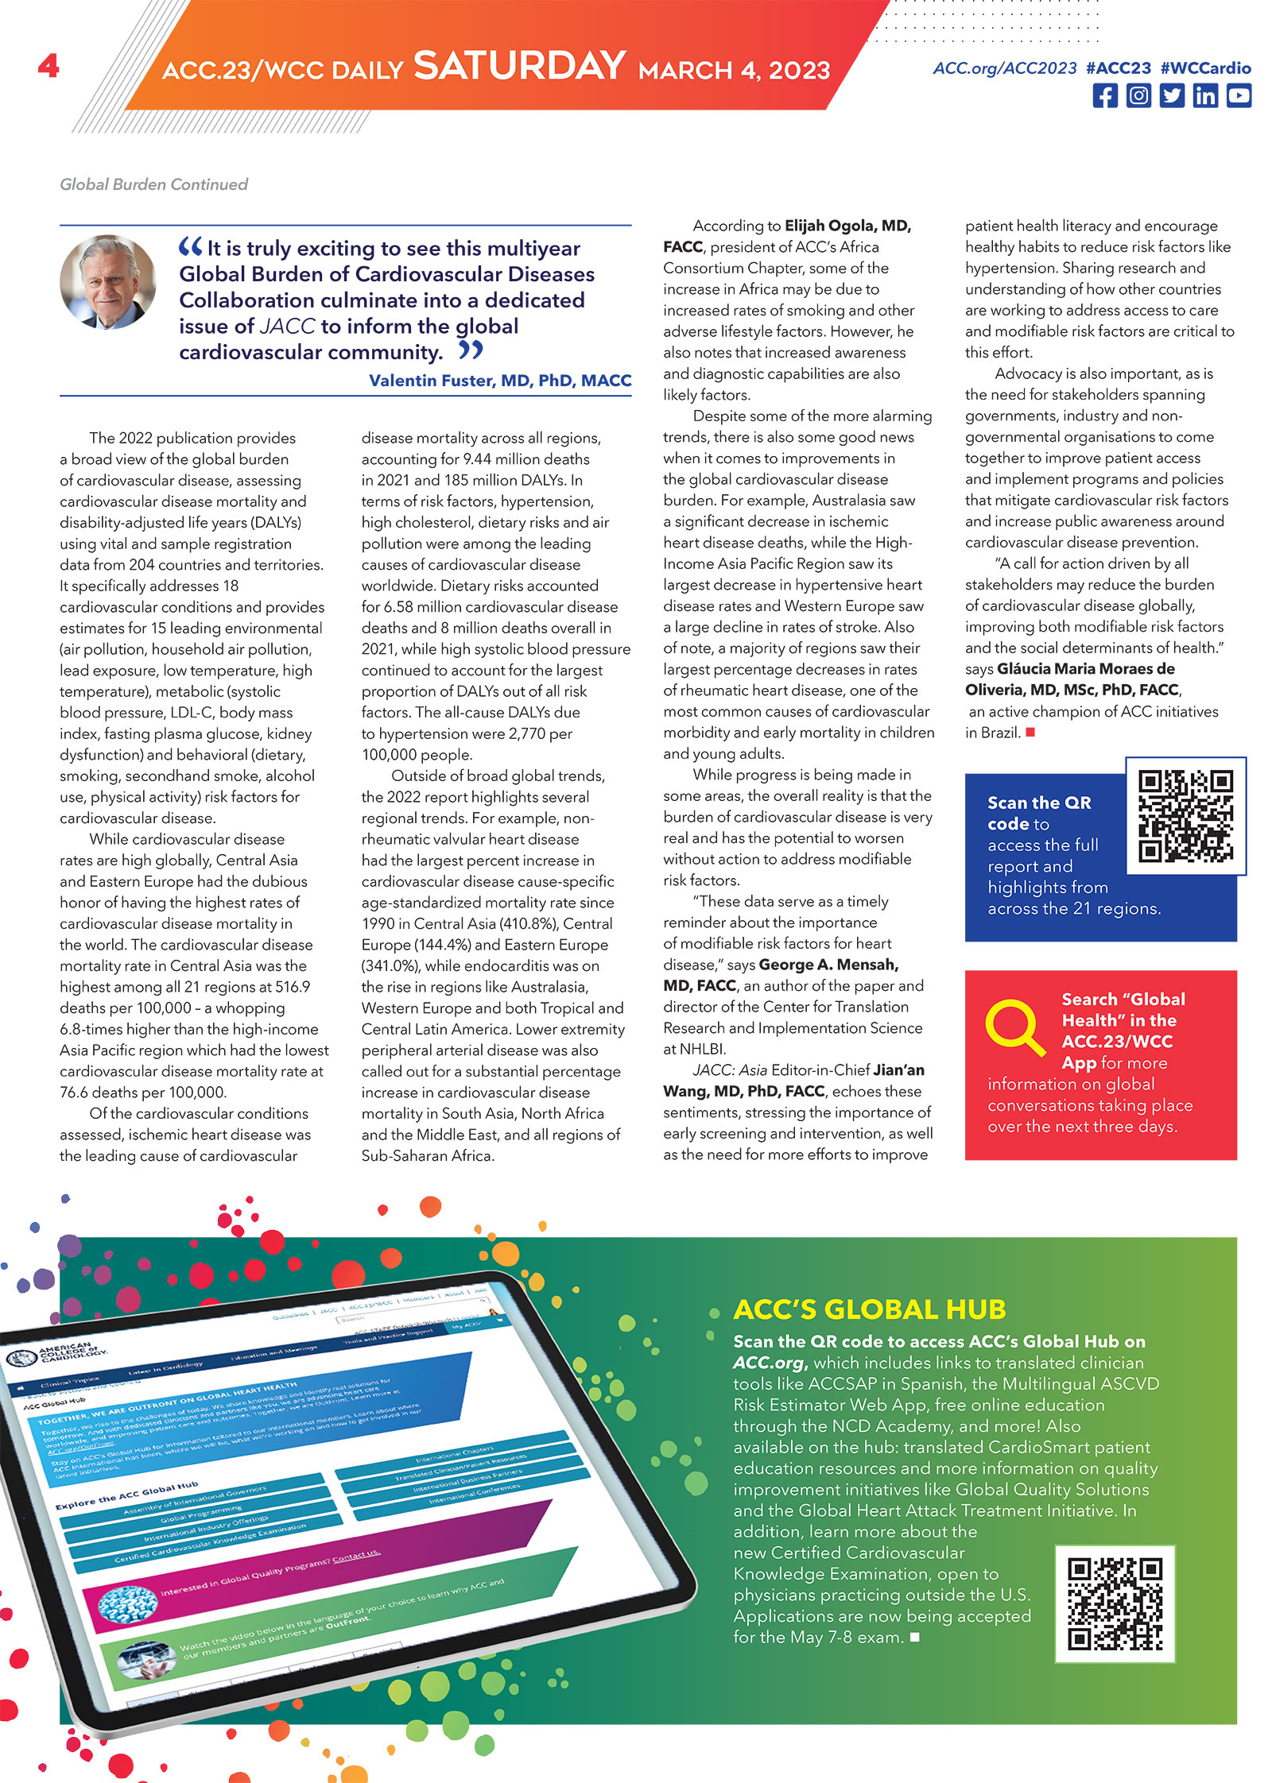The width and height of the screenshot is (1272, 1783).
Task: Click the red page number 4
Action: tap(48, 65)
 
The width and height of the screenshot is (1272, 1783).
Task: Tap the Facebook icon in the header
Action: tap(1104, 96)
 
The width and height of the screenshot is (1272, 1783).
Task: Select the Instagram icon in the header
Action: tap(1138, 96)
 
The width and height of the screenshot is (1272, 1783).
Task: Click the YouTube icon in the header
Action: tap(1239, 96)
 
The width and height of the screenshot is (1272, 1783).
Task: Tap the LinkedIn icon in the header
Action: tap(1205, 96)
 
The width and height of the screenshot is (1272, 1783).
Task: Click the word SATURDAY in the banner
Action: tap(519, 66)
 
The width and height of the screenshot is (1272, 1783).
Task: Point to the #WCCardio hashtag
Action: tap(1205, 68)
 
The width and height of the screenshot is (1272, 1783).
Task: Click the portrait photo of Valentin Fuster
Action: tap(108, 281)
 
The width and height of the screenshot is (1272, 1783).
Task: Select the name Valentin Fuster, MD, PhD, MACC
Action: tap(500, 381)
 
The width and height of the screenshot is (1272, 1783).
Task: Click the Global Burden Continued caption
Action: tap(153, 184)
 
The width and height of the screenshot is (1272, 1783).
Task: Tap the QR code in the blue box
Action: tap(1185, 816)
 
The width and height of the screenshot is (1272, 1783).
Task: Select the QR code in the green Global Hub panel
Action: tap(1115, 1603)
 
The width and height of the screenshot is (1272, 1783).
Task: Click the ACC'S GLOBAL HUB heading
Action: tap(869, 1309)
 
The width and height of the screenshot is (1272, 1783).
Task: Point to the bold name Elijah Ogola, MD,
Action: tap(847, 226)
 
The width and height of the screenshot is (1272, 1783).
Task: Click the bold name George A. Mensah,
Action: tap(828, 965)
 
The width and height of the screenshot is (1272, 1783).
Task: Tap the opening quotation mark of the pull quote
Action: tap(191, 247)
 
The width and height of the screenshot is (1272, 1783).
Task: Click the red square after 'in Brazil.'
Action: tap(1030, 733)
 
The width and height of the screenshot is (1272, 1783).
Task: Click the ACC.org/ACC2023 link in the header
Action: tap(1005, 68)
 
